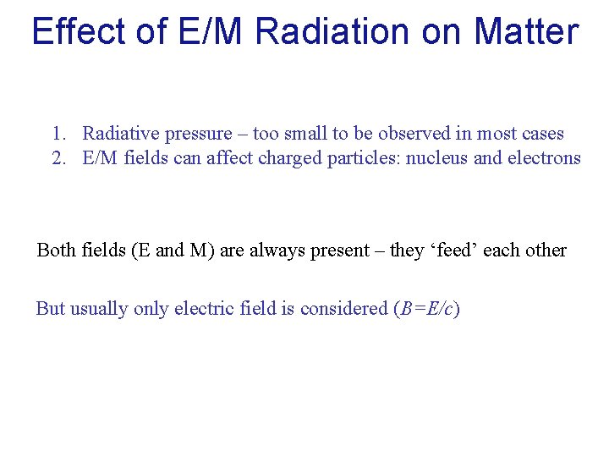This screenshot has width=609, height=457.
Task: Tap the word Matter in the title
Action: [x=526, y=31]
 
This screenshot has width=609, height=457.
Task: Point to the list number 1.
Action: [x=58, y=134]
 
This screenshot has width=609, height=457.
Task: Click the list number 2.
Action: [x=58, y=157]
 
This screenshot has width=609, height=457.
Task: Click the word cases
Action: [x=542, y=134]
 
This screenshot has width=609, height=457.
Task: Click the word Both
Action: [x=56, y=251]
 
